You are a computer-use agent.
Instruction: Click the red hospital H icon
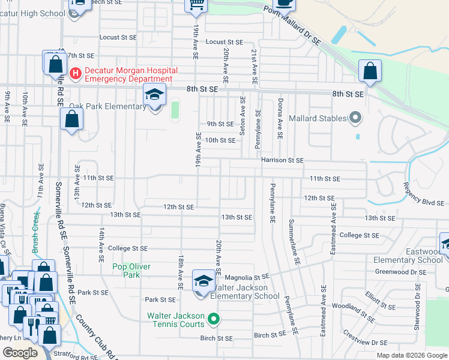click(x=76, y=74)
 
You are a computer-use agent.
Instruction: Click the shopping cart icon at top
click(x=196, y=5)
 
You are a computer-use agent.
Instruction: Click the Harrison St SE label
click(x=282, y=160)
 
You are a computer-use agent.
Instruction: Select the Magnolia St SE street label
click(x=246, y=277)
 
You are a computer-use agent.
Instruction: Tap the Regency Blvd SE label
click(x=423, y=193)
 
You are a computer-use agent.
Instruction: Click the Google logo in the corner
click(x=20, y=353)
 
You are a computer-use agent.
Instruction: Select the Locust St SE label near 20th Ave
click(x=224, y=43)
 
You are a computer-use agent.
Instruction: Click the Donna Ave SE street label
click(x=279, y=119)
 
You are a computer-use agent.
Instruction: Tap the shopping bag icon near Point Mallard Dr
click(x=370, y=71)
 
